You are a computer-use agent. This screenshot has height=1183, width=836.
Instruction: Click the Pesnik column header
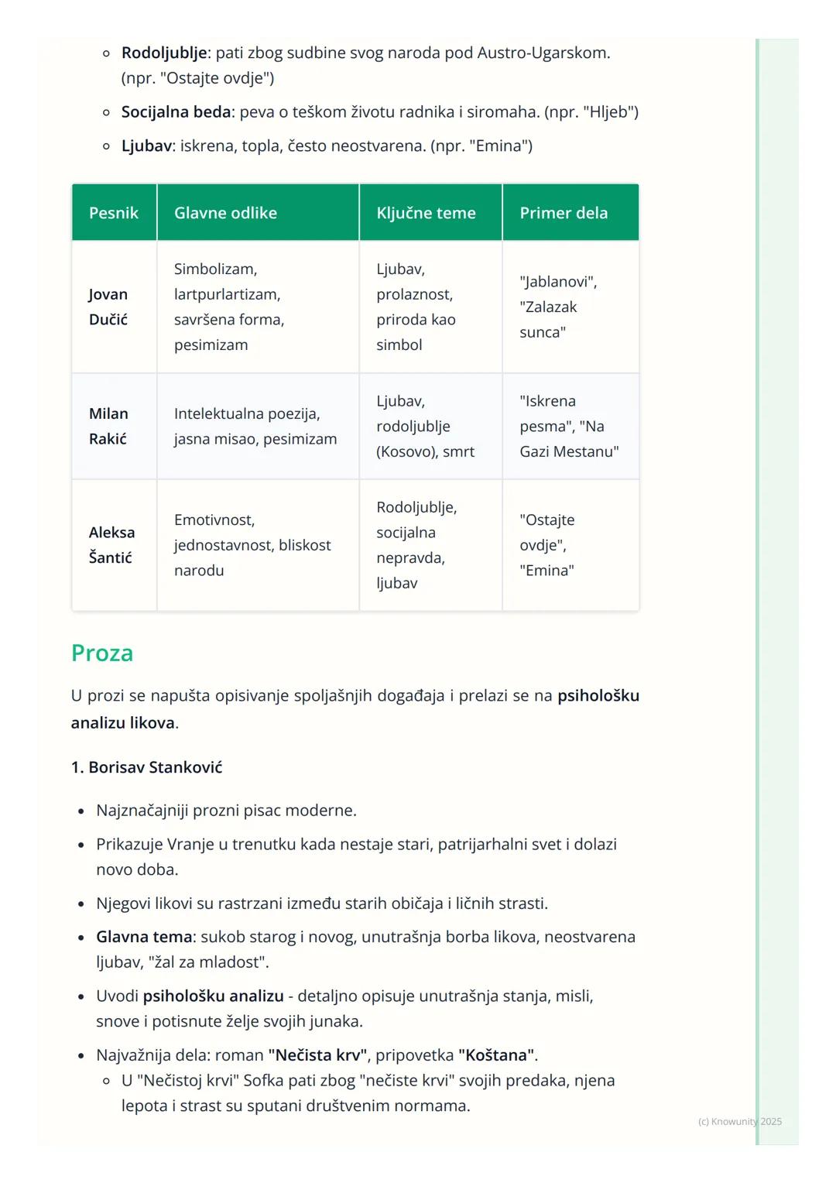114,213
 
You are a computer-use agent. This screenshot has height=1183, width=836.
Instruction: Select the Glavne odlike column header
225,213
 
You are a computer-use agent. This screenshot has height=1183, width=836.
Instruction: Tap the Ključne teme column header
426,213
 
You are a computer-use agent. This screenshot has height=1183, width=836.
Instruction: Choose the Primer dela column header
564,213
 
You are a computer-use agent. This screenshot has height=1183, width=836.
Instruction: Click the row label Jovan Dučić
108,307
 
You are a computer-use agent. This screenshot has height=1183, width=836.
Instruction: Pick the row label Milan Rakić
108,426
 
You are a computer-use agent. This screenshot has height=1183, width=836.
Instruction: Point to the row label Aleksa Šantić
111,545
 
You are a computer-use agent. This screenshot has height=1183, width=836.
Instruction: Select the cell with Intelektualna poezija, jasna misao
255,426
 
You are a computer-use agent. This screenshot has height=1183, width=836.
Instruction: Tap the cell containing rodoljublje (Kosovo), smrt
425,427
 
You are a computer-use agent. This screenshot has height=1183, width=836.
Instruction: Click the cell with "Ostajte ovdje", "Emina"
547,545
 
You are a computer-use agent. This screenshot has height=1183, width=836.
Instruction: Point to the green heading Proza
102,653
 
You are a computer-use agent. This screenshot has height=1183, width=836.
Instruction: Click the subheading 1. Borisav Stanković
146,767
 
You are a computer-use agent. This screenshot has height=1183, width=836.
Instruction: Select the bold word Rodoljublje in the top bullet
164,53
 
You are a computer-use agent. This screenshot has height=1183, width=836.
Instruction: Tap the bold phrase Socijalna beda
176,112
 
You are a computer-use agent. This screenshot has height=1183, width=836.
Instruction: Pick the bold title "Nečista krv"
317,1055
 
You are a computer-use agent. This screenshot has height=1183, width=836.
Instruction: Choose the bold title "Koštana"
496,1055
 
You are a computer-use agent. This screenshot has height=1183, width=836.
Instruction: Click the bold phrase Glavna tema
144,937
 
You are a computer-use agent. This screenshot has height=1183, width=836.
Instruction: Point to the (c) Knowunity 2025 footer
739,1121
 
